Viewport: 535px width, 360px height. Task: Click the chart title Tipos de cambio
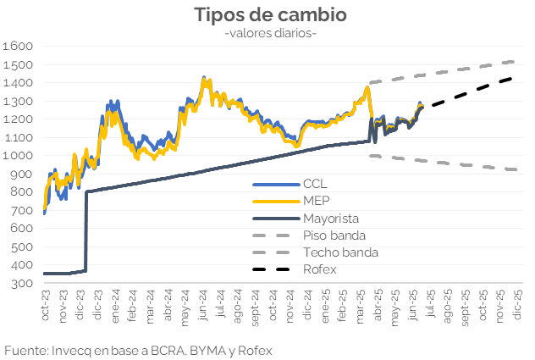tap(270, 14)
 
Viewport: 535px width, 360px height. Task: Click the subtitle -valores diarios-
tap(270, 33)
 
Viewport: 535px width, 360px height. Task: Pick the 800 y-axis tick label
tap(22, 192)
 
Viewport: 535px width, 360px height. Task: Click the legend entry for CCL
tap(314, 184)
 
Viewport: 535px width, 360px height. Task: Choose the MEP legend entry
tap(315, 201)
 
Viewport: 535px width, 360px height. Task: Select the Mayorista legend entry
tap(330, 218)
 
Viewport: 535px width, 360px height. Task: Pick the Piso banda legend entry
tap(333, 235)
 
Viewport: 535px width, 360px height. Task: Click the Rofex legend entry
tap(319, 269)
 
